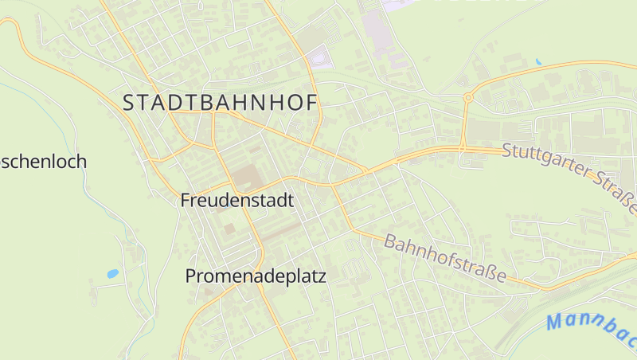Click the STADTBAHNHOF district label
(x=221, y=102)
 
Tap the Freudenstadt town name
(x=237, y=200)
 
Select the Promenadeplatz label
(x=256, y=276)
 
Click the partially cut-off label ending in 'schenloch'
(x=43, y=162)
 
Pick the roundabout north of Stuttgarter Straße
(x=467, y=97)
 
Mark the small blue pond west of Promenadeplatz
(x=112, y=273)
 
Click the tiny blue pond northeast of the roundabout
(x=539, y=61)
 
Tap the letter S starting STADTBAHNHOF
(x=130, y=102)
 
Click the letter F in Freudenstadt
(x=186, y=200)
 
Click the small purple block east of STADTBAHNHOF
(x=319, y=57)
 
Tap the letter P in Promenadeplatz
(x=191, y=276)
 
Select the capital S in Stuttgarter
(x=507, y=149)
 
